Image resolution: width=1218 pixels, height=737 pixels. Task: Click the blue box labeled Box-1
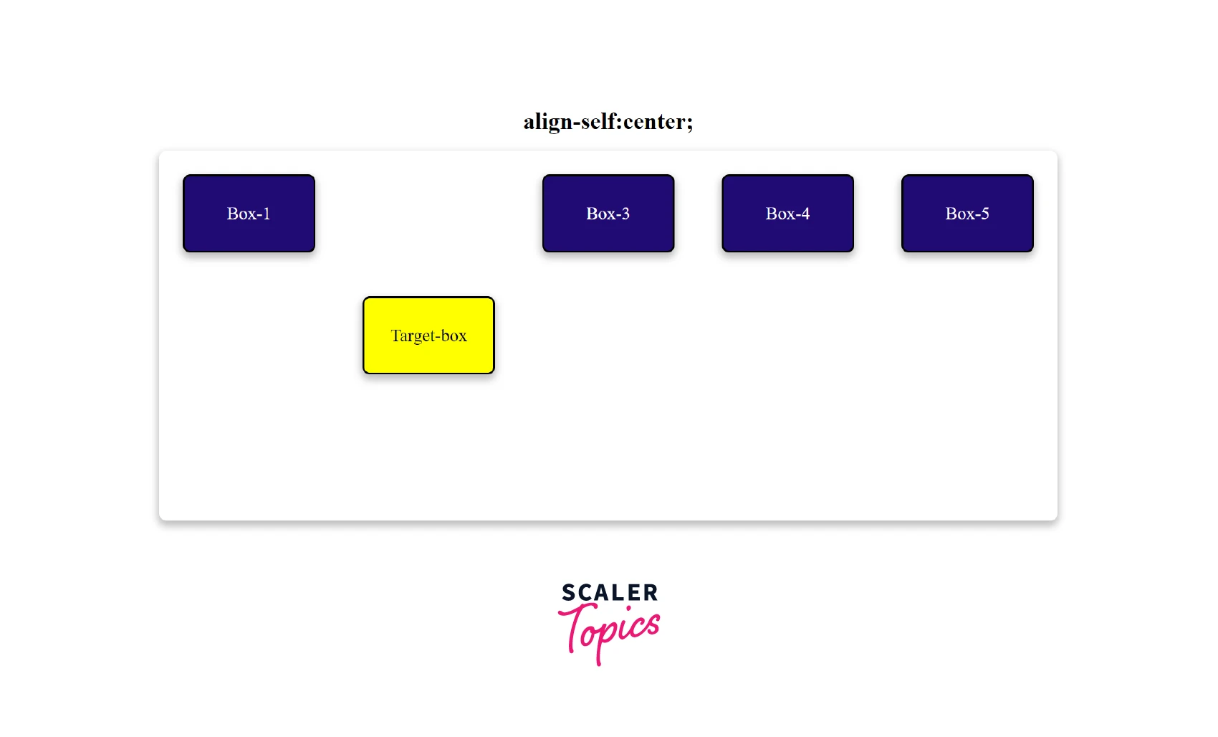[x=249, y=213]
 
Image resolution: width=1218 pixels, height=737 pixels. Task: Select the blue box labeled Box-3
[x=608, y=213]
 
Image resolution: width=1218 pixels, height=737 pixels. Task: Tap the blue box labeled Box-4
[x=788, y=213]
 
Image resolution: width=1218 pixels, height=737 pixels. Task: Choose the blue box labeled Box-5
[x=967, y=213]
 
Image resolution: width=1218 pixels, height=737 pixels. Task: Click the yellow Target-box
[x=428, y=335]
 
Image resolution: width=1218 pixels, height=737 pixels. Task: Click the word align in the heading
[x=547, y=123]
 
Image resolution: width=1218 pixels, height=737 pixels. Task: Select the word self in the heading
[x=598, y=120]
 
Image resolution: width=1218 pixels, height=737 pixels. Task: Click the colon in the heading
[x=619, y=123]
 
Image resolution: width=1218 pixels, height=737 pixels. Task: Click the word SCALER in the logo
[x=610, y=592]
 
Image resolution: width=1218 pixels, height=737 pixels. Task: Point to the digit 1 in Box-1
[x=267, y=214]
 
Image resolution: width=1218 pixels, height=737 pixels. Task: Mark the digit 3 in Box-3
[x=625, y=214]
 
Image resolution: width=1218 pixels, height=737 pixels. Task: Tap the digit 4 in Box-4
[x=805, y=214]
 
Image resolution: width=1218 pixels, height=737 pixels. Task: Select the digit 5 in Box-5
[x=984, y=214]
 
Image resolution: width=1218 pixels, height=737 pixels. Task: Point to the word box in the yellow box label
[x=454, y=336]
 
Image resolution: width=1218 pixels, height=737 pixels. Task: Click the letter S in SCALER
[x=568, y=592]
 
